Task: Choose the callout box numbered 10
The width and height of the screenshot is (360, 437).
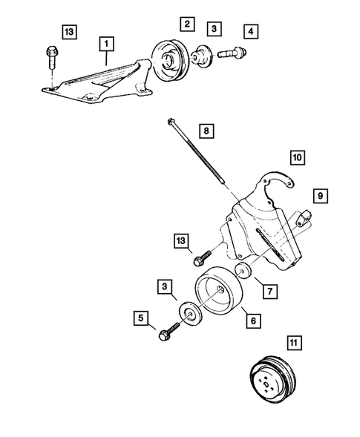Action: pyautogui.click(x=296, y=157)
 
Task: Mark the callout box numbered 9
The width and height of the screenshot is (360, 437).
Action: pyautogui.click(x=321, y=196)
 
